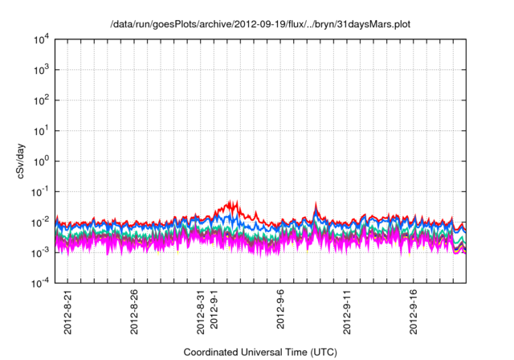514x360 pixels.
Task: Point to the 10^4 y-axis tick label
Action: point(42,39)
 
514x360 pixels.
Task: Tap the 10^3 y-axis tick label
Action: point(42,70)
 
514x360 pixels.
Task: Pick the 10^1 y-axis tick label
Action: point(42,130)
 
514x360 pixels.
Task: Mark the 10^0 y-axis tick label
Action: point(42,161)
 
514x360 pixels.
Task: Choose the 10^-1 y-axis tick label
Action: point(41,191)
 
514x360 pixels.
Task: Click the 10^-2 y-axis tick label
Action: point(41,222)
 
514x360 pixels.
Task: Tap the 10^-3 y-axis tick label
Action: point(41,252)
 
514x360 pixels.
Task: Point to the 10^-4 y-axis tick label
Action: point(41,283)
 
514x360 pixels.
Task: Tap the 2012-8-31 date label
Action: point(202,308)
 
